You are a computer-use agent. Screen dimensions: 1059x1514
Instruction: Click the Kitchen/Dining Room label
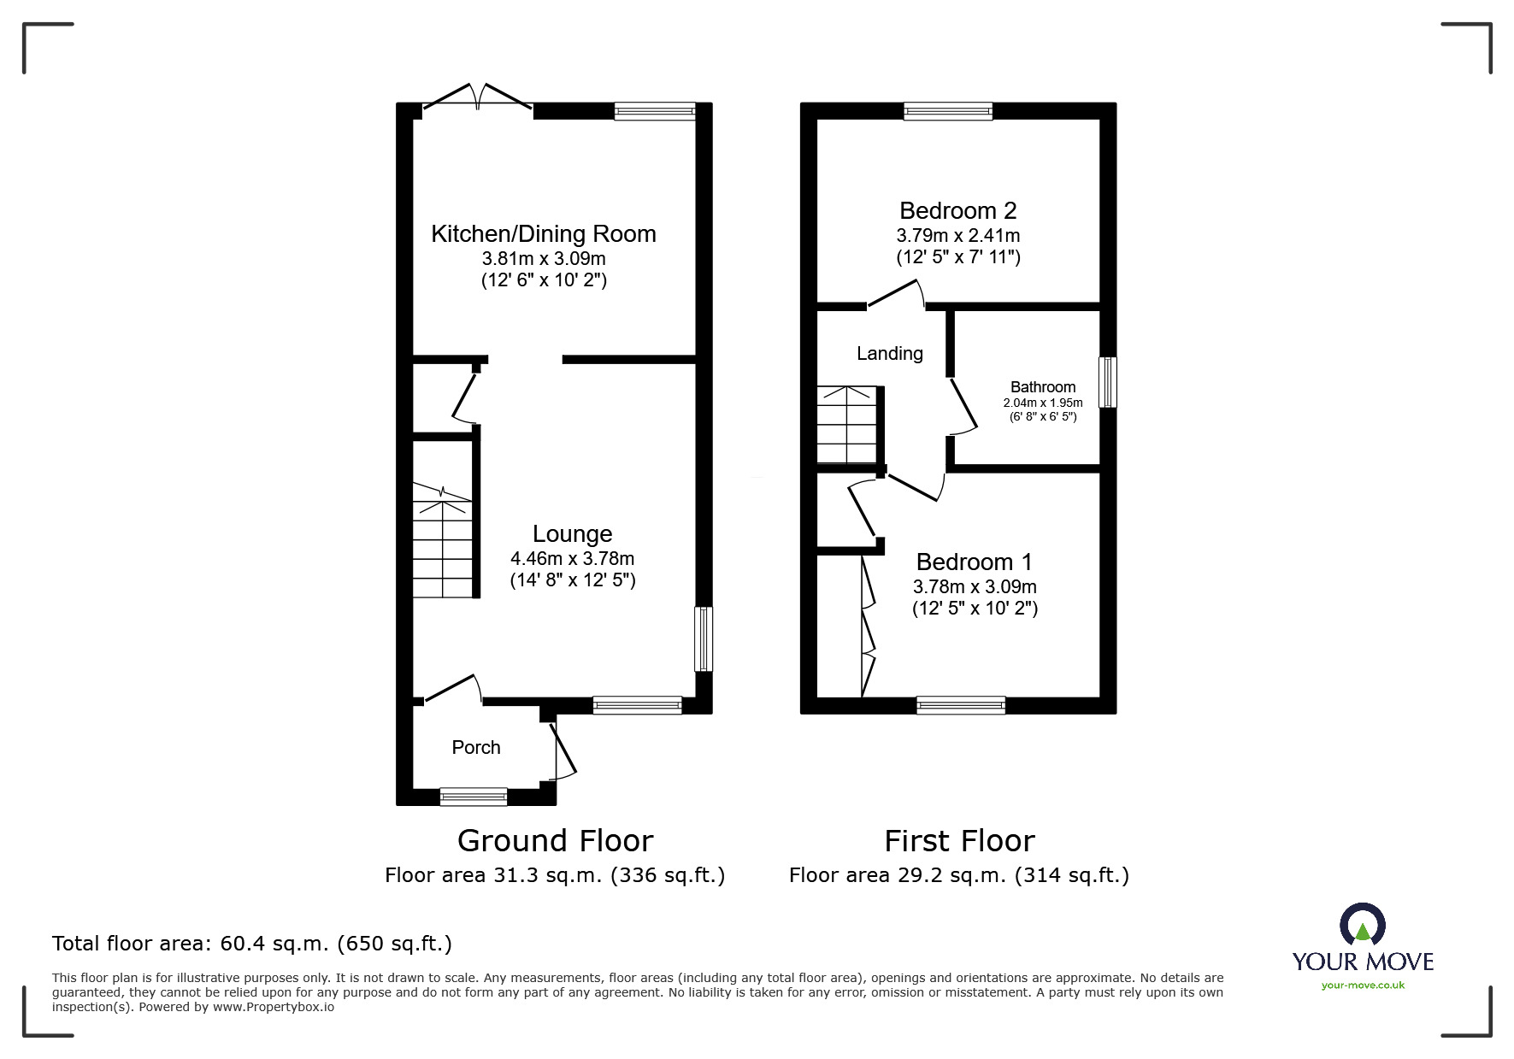pos(543,234)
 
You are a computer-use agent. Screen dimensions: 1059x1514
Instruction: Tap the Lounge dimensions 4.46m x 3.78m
pos(572,559)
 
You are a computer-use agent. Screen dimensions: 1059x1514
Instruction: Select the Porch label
pos(476,748)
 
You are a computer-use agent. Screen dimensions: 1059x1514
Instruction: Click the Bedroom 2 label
pos(957,211)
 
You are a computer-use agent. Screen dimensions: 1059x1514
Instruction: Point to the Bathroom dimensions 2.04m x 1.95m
pos(1042,403)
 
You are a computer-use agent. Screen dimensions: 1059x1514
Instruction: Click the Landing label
pos(889,354)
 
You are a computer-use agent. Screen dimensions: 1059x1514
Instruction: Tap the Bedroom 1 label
pos(974,562)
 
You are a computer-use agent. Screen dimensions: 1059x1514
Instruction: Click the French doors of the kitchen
pos(478,98)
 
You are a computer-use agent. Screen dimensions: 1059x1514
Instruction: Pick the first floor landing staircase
pos(846,425)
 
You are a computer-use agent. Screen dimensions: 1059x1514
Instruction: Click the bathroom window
pos(1107,382)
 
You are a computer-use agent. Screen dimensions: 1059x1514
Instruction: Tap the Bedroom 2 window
pos(948,111)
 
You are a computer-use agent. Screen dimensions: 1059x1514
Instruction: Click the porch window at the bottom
pos(473,797)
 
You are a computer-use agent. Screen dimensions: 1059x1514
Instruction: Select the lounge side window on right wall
pos(703,638)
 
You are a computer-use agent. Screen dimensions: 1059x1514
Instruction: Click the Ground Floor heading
pos(555,841)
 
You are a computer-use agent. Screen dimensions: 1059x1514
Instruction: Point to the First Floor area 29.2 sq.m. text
pos(958,875)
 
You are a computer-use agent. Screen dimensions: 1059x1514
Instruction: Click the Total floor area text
pos(252,944)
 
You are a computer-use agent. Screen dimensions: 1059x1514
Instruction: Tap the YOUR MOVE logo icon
pos(1362,926)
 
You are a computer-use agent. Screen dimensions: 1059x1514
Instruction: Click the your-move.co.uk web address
pos(1363,985)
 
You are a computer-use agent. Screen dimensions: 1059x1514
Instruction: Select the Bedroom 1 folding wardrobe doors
pos(868,628)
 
